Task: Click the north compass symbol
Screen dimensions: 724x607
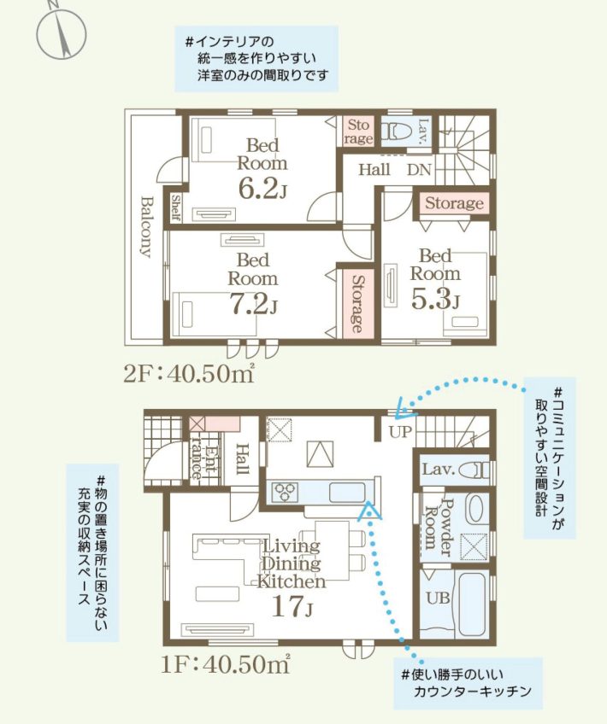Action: [62, 32]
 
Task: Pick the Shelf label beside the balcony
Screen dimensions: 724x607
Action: [175, 207]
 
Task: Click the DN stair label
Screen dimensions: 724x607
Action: [419, 170]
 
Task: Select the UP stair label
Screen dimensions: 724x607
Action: [400, 432]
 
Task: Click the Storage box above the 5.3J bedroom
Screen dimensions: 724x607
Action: [454, 204]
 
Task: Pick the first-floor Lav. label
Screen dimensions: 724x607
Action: [437, 470]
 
